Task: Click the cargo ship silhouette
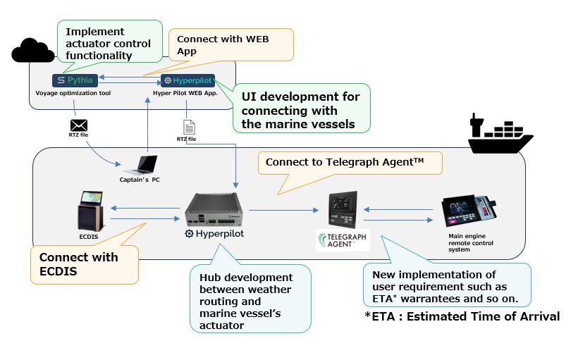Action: (x=500, y=134)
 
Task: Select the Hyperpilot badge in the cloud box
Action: (x=187, y=80)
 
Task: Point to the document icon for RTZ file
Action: (x=188, y=128)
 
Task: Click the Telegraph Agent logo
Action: (x=343, y=241)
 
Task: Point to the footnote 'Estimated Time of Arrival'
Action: (x=462, y=316)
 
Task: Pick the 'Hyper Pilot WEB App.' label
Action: (x=185, y=92)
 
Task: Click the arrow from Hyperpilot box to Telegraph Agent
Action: (x=282, y=209)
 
